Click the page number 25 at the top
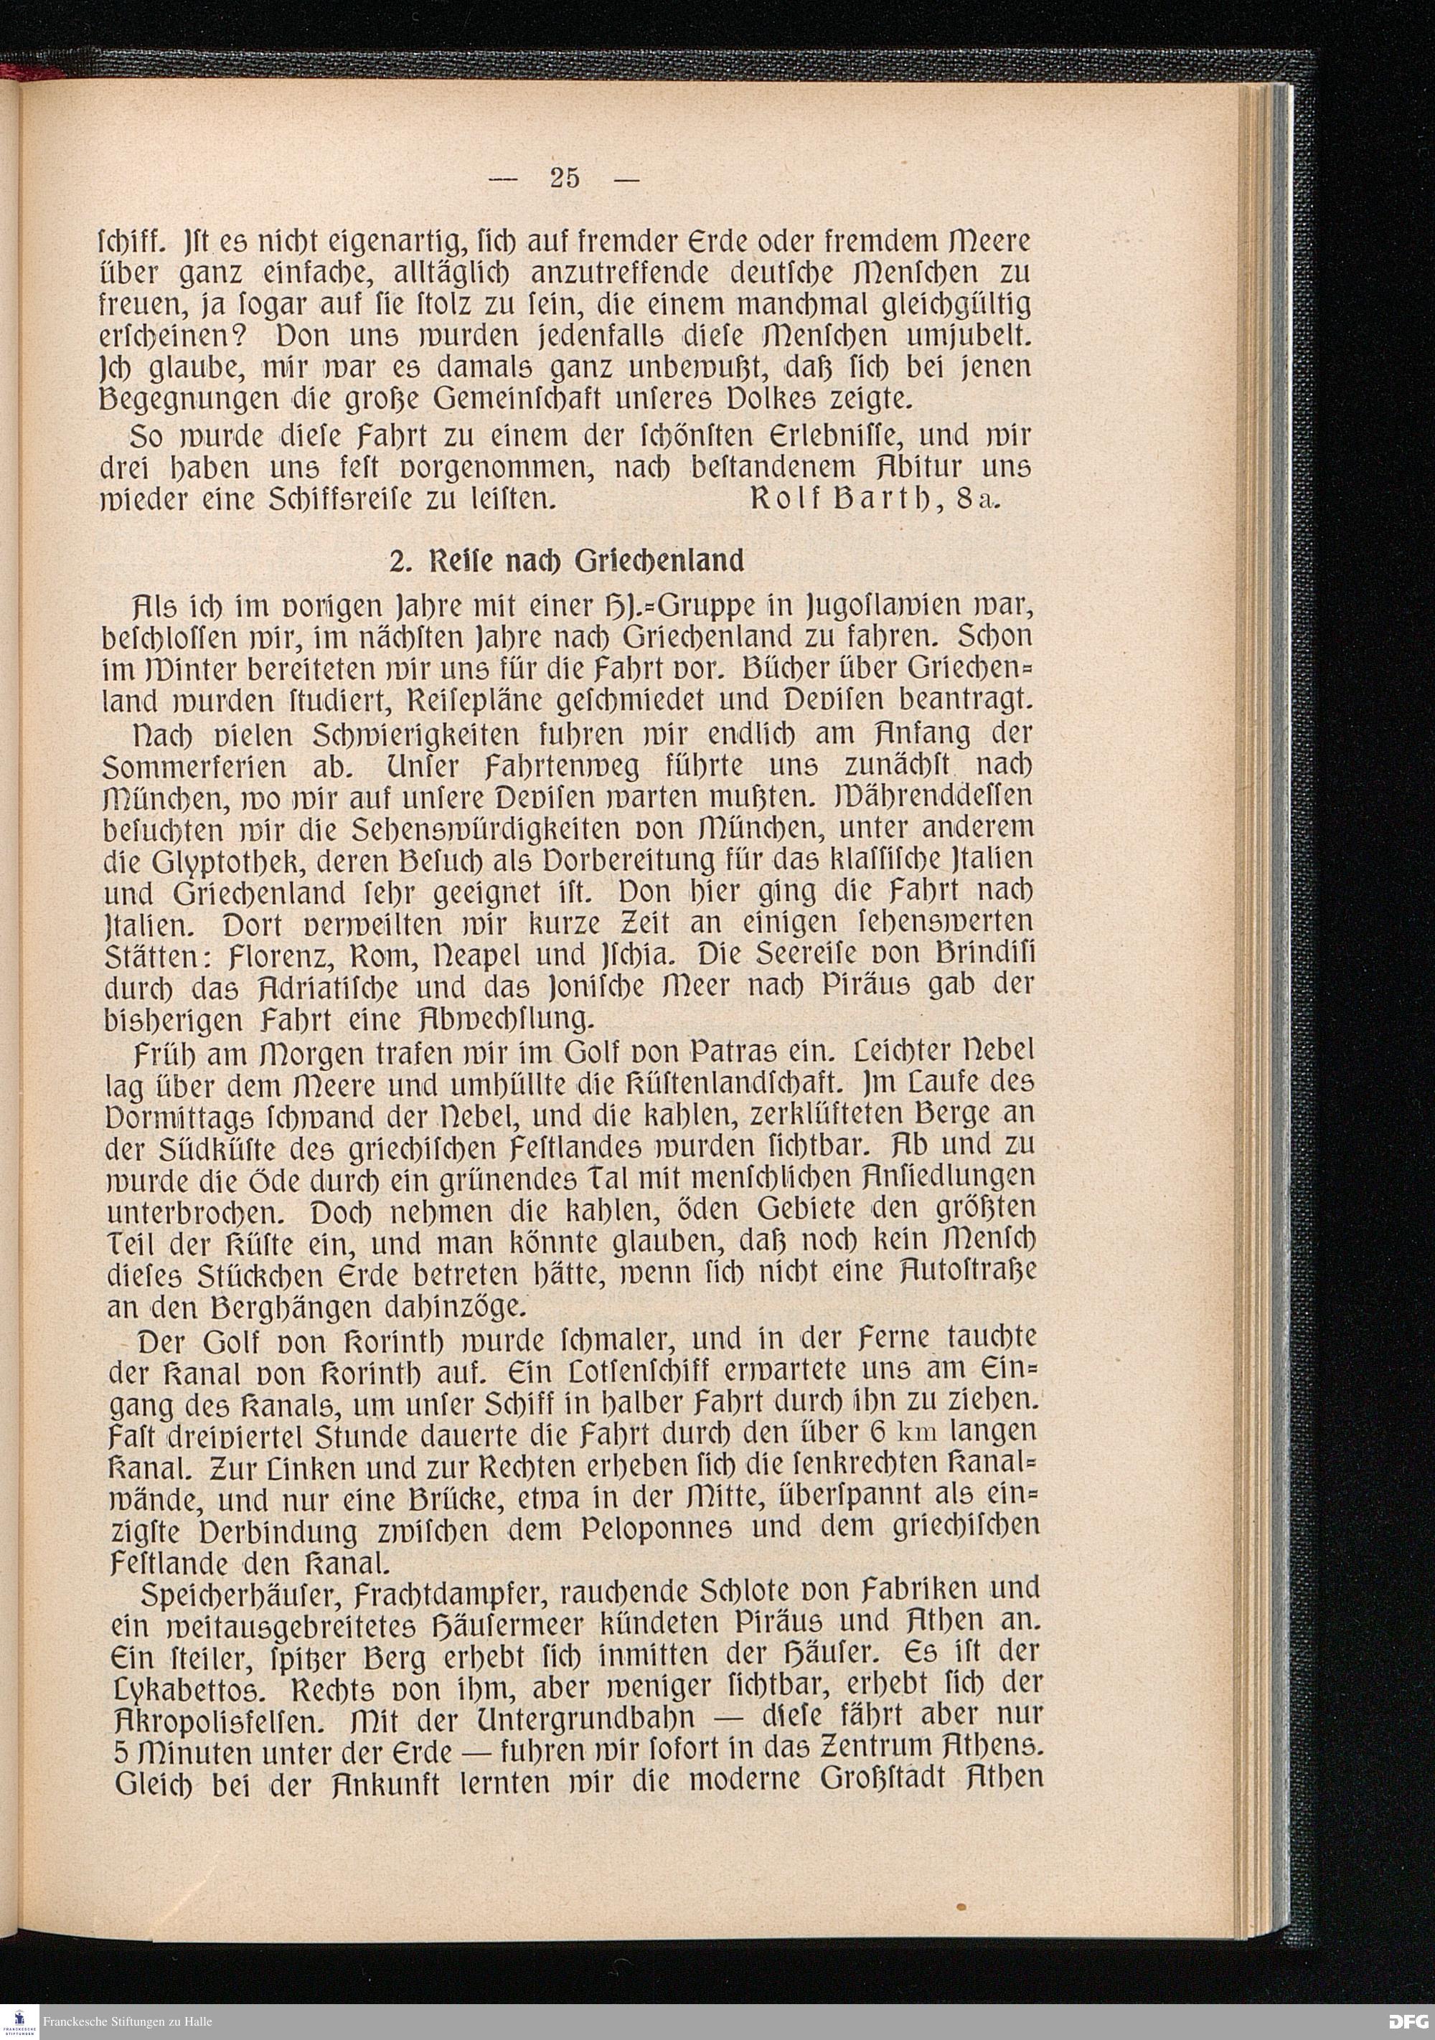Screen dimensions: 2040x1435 565,179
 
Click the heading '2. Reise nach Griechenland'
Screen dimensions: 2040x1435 566,562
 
